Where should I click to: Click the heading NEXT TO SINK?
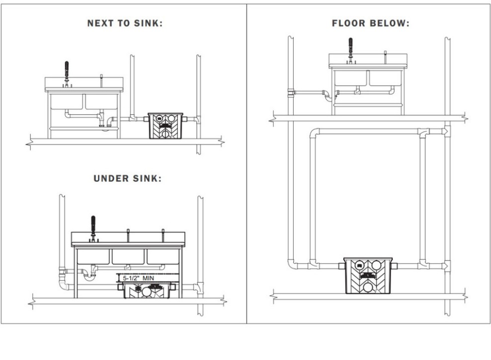[125, 23]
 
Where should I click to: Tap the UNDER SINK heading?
[128, 179]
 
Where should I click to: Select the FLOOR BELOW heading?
[371, 23]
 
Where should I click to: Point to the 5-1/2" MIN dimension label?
[142, 278]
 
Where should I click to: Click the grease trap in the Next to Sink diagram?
[166, 126]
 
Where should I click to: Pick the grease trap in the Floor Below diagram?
[368, 276]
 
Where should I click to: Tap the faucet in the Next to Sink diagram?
[66, 73]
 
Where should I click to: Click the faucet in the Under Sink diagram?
[92, 227]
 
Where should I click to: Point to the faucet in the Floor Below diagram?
[351, 48]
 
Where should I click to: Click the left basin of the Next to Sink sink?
[68, 101]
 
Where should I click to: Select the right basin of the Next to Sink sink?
[102, 101]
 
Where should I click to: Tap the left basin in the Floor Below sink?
[351, 78]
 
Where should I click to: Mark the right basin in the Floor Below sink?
[385, 78]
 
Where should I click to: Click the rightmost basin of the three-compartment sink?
[163, 256]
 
